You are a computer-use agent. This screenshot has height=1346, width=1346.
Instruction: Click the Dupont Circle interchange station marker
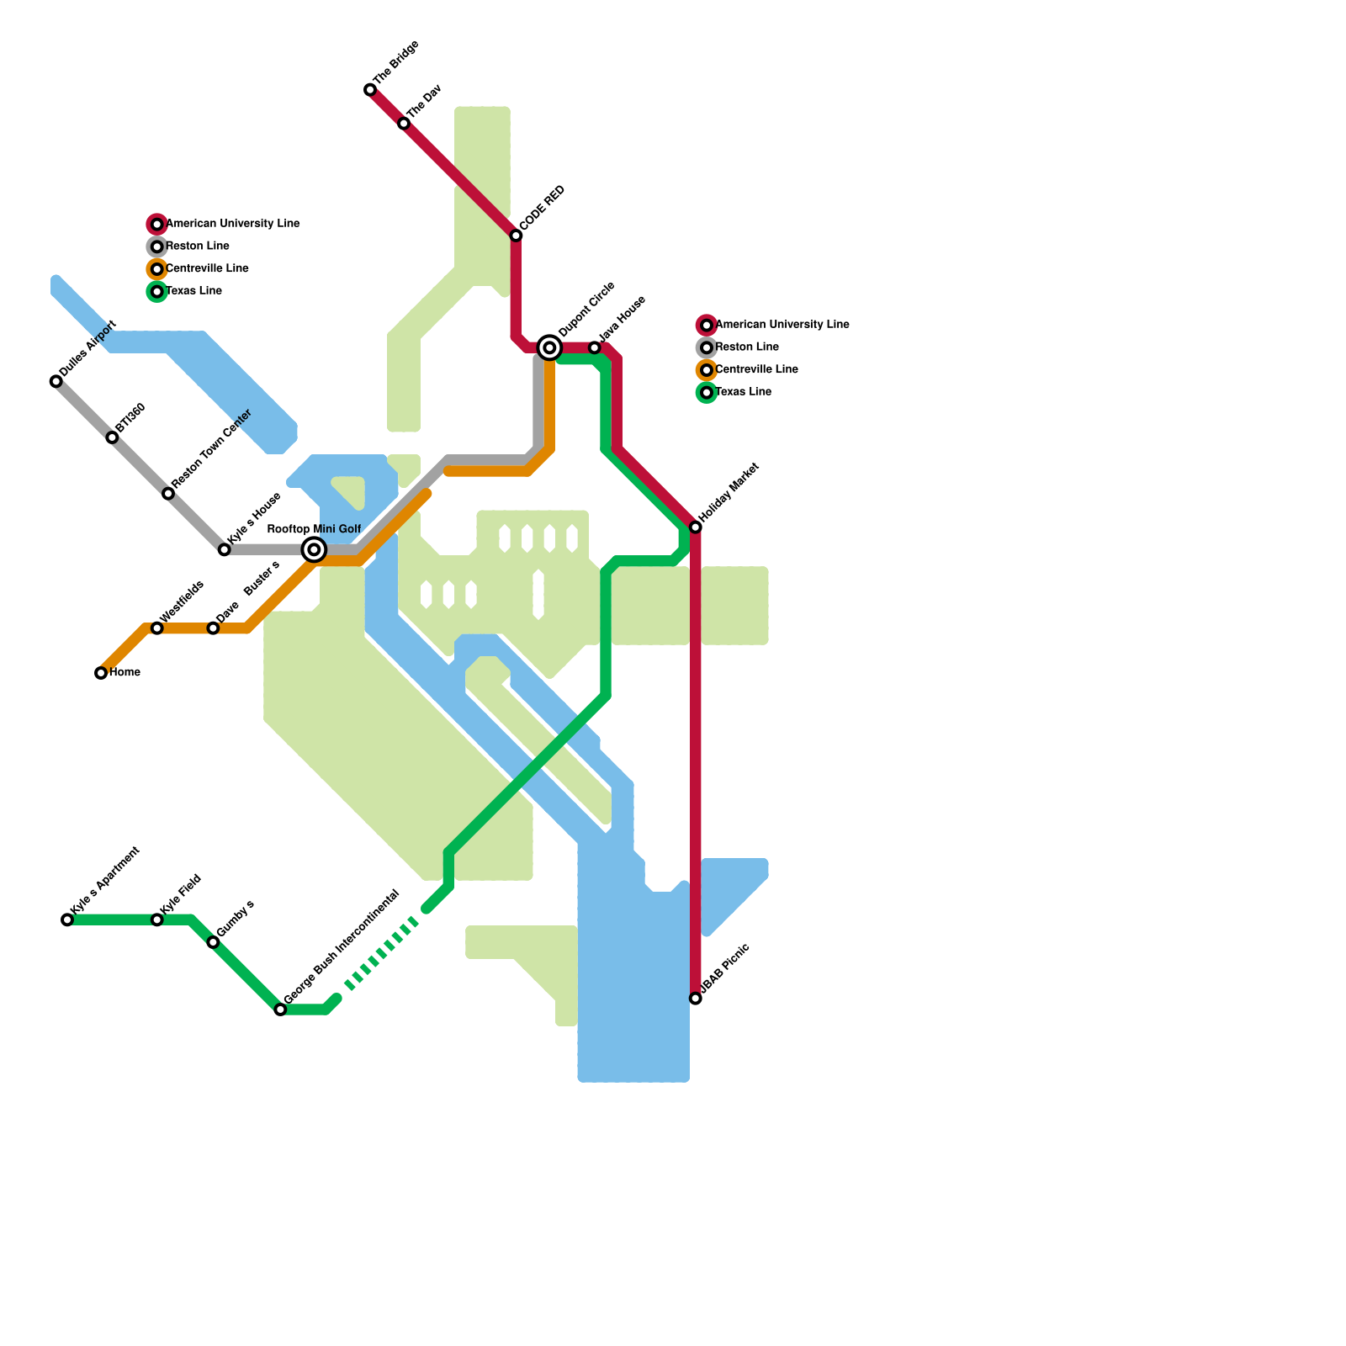click(549, 347)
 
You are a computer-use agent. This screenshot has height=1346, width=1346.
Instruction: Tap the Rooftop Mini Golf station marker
click(314, 550)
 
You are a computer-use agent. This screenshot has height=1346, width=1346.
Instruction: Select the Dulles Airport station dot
click(56, 382)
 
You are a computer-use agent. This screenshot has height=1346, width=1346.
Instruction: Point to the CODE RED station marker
click(517, 236)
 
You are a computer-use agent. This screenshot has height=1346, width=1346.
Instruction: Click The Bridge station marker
click(370, 90)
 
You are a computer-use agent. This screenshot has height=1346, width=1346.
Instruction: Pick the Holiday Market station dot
click(696, 527)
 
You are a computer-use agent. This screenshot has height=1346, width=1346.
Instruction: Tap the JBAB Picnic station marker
click(696, 999)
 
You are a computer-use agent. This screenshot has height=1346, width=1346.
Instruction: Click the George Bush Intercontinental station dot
click(281, 1010)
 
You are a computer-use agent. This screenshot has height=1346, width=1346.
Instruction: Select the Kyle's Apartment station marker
click(67, 920)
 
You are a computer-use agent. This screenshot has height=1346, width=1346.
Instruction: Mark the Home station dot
click(101, 673)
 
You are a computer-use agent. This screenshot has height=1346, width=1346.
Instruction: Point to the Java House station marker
click(595, 348)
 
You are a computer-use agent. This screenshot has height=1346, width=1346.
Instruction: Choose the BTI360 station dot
click(112, 437)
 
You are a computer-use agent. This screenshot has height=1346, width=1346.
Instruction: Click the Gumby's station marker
click(214, 942)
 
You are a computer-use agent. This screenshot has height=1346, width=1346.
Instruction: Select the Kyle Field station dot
click(157, 920)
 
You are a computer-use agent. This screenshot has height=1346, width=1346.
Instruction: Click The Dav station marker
click(404, 124)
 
